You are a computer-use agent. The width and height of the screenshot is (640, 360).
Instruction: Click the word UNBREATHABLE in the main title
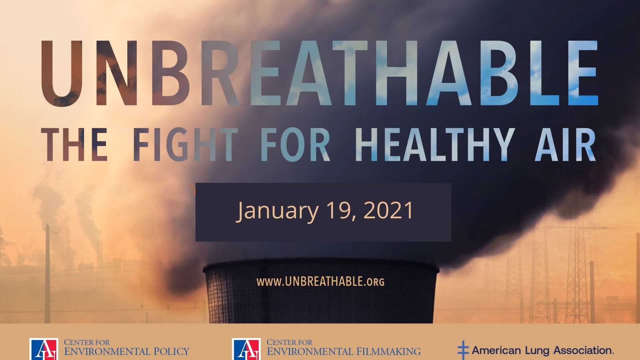pyautogui.click(x=319, y=73)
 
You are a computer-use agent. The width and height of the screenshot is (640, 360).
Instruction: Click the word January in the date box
pyautogui.click(x=278, y=211)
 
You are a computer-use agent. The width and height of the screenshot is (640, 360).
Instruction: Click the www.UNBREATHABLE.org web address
pyautogui.click(x=320, y=282)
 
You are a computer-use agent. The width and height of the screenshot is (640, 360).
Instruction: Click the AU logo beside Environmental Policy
pyautogui.click(x=44, y=349)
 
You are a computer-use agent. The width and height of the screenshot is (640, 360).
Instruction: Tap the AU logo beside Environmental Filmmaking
pyautogui.click(x=246, y=349)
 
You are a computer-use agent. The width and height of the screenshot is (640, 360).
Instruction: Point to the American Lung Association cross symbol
pyautogui.click(x=463, y=350)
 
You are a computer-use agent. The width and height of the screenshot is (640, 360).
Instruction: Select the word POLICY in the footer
pyautogui.click(x=171, y=351)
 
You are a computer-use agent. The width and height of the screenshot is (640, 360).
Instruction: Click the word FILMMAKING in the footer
pyautogui.click(x=389, y=351)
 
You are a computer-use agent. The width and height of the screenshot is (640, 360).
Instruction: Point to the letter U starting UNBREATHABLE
pyautogui.click(x=62, y=73)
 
